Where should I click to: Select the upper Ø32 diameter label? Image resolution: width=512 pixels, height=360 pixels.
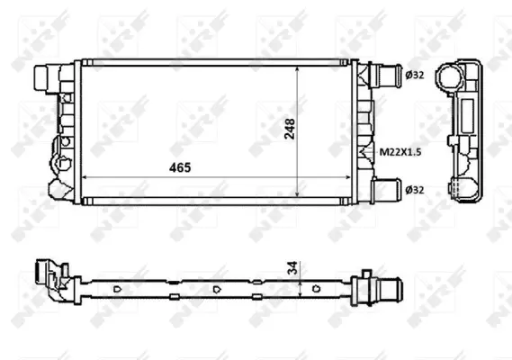415,76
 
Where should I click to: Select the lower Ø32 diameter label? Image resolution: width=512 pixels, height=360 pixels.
415,190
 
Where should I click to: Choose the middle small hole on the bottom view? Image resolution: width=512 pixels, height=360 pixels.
219,289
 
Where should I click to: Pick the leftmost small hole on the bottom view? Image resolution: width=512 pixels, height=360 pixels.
119,289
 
